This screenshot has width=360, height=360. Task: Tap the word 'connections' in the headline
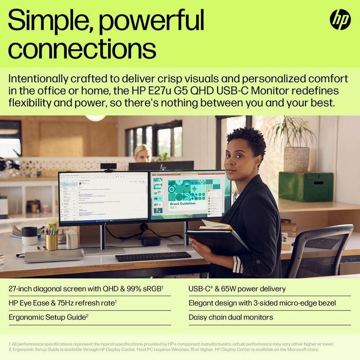[x=82, y=49]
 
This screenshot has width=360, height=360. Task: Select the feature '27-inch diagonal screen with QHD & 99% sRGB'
[x=85, y=289]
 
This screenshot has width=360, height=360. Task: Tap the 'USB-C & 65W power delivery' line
[x=237, y=289]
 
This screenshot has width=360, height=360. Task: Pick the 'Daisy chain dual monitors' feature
[x=231, y=317]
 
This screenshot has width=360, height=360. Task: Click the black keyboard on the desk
[x=153, y=256]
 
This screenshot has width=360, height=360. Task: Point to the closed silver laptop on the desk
[x=53, y=255]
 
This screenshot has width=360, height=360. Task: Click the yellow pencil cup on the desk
[x=51, y=241]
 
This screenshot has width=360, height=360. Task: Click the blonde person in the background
[x=142, y=153]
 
